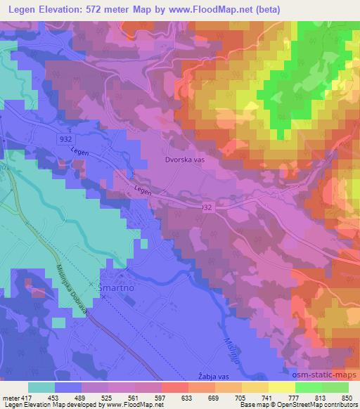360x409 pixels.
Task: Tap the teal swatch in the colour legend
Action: pyautogui.click(x=41, y=387)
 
